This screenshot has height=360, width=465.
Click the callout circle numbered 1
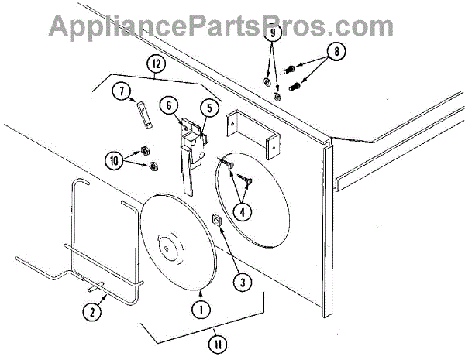[x=201, y=309]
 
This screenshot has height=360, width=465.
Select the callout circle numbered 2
[x=92, y=312]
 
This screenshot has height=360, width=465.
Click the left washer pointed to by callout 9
[x=266, y=82]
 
